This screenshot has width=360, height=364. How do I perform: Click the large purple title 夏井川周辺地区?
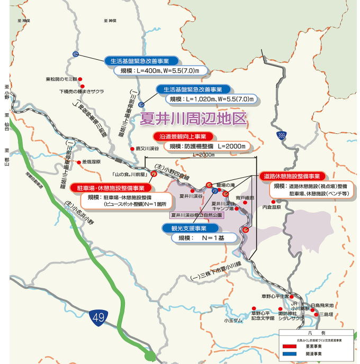tap(193, 118)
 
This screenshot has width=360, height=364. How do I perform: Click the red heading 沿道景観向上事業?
tap(183, 136)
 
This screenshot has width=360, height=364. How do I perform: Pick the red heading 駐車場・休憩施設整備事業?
tap(111, 187)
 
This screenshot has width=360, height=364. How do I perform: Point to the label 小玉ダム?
tap(233, 320)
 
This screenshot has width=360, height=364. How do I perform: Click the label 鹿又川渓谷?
tap(147, 149)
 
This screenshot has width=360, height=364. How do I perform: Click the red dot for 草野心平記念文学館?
tap(254, 308)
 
